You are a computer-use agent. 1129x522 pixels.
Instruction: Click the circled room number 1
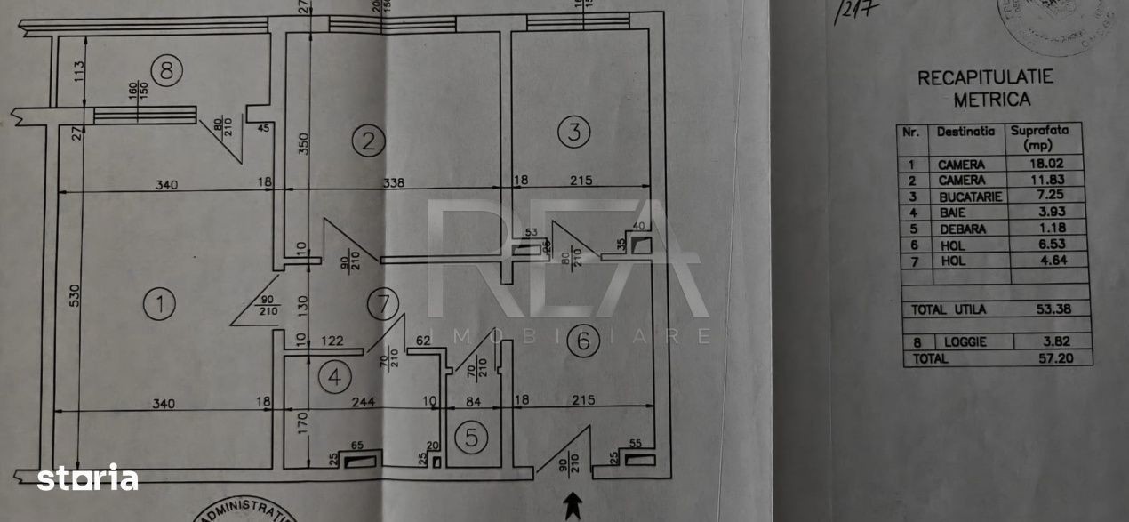(x=159, y=305)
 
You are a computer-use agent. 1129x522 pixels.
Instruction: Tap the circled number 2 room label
(x=368, y=139)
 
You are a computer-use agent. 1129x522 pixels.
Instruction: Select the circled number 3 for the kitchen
(x=573, y=133)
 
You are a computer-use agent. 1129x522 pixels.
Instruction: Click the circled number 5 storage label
(x=472, y=437)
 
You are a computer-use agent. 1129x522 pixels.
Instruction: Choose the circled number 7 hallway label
(x=382, y=304)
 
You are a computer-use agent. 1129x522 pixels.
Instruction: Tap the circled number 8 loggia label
(x=166, y=70)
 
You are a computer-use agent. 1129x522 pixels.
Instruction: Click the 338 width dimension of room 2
(x=393, y=184)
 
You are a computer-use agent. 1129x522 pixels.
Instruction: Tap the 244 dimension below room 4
(x=364, y=401)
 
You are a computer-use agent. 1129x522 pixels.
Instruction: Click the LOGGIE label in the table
(x=965, y=342)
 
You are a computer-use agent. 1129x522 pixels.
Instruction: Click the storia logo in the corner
(x=87, y=478)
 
